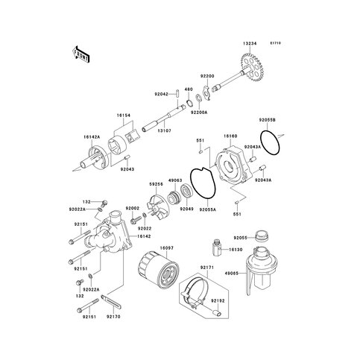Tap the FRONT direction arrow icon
pos(80,54)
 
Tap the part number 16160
pos(230,137)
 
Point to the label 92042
pos(162,94)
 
